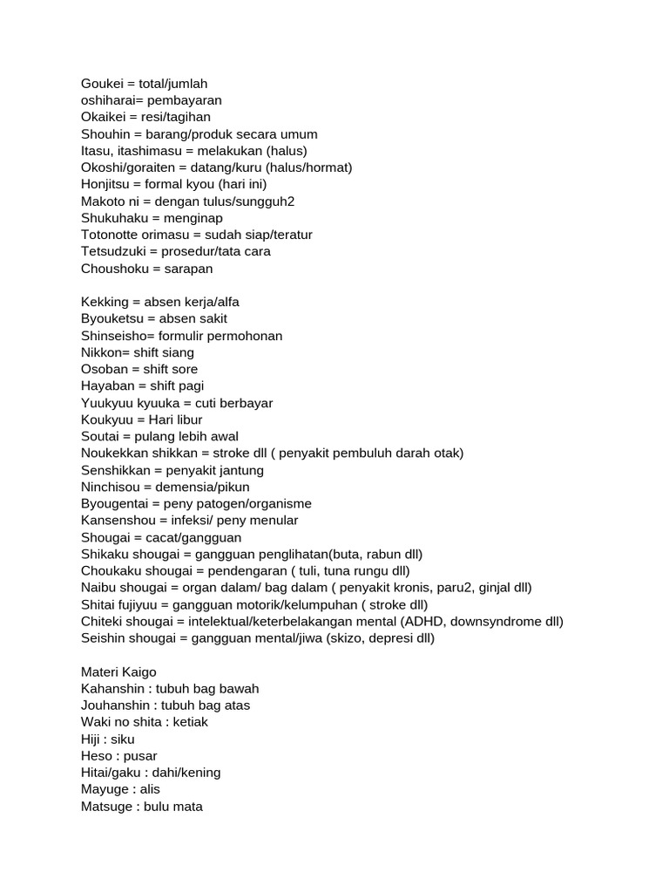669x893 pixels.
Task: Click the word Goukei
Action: pos(104,84)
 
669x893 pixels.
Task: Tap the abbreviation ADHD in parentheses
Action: pos(422,622)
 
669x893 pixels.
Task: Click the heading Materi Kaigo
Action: pos(118,671)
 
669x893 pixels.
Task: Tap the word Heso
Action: pos(96,756)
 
